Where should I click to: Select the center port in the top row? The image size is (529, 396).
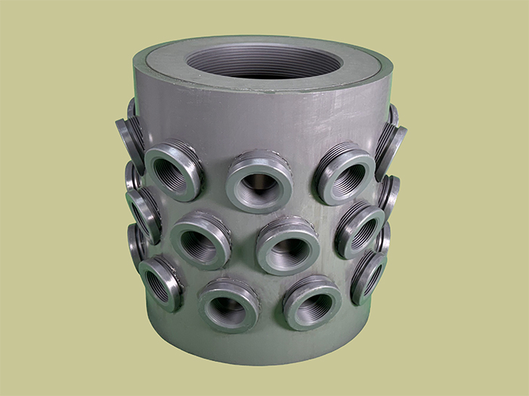point(259,181)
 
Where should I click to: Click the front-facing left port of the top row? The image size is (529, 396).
point(174,171)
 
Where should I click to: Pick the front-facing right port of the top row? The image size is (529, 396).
point(345,173)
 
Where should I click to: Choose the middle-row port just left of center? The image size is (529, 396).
point(200,240)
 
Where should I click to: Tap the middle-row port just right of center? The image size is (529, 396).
point(288,245)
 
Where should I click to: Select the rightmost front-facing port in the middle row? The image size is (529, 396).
point(360,229)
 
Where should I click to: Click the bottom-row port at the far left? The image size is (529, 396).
point(160,283)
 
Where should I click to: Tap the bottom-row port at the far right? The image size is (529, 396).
point(368,276)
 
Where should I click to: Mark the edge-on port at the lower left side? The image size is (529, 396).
point(136,243)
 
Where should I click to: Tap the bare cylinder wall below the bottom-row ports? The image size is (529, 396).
point(264,343)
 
